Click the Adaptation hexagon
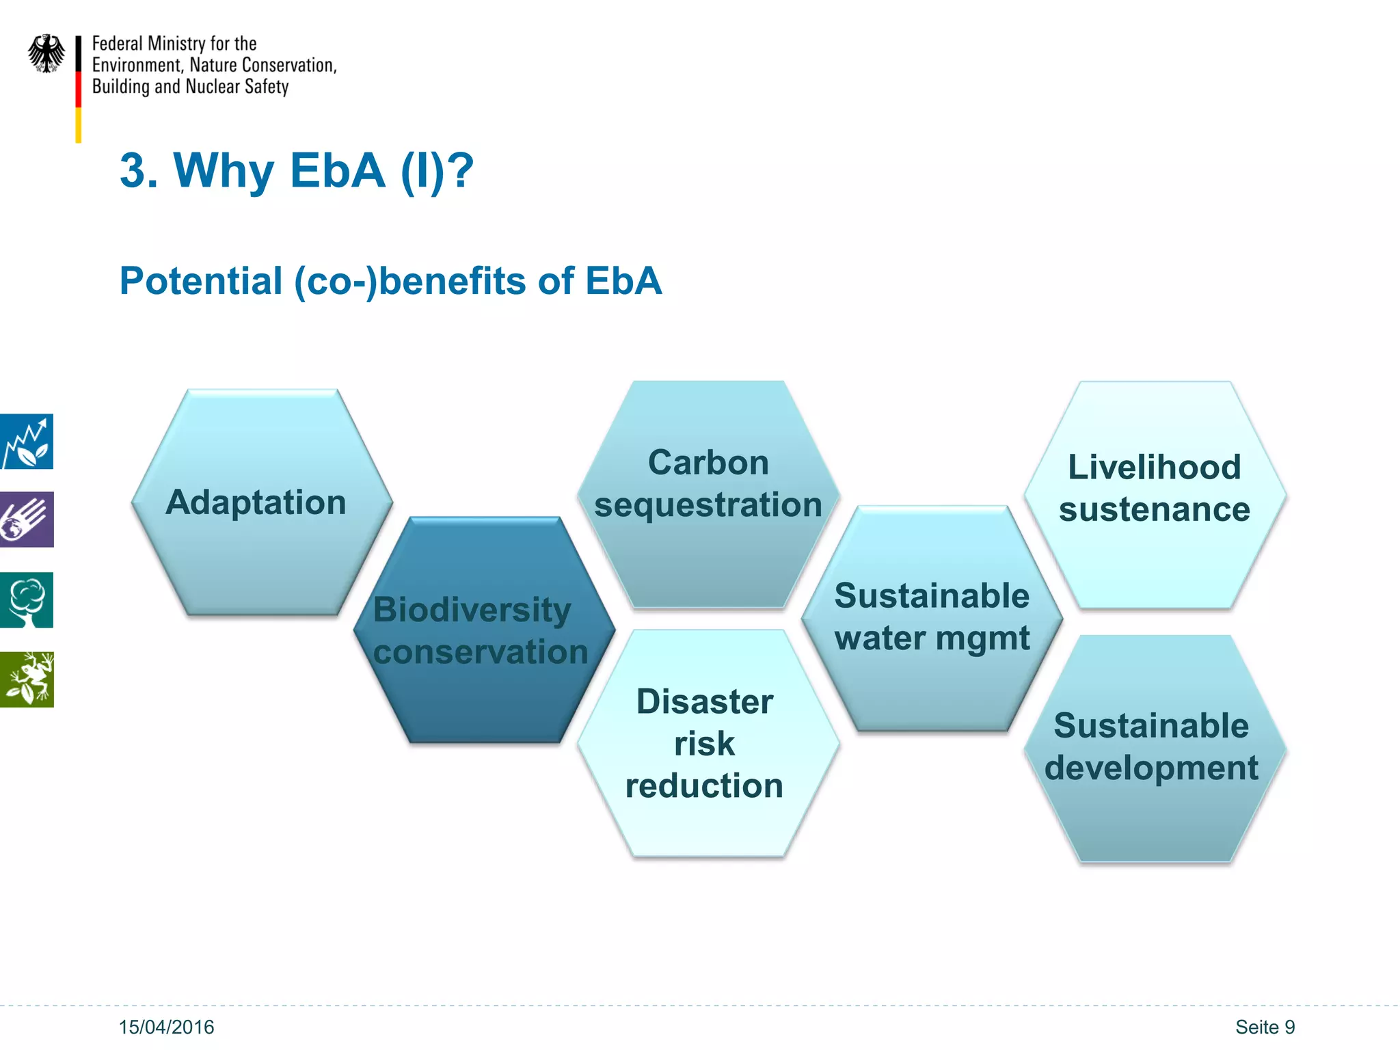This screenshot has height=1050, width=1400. pos(262,502)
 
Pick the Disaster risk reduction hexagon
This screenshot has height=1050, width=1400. pos(708,743)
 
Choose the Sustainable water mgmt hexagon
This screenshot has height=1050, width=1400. pos(932,619)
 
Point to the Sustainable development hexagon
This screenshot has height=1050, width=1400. pos(1155,748)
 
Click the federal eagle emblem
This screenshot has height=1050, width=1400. pos(46,53)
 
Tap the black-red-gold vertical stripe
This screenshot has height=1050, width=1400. pos(79,89)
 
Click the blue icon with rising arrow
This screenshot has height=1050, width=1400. pos(26,442)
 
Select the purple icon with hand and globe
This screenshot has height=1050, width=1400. pos(26,520)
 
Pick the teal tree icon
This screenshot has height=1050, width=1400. pos(26,600)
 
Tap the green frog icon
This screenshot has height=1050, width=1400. pos(26,679)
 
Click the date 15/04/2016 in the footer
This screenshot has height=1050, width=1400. pos(166,1027)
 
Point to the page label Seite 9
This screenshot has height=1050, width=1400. pos(1265,1027)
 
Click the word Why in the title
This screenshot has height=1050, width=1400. pos(224,171)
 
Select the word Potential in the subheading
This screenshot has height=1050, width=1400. pos(201,281)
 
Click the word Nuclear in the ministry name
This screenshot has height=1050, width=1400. pos(213,87)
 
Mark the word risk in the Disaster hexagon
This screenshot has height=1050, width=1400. pos(704,744)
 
